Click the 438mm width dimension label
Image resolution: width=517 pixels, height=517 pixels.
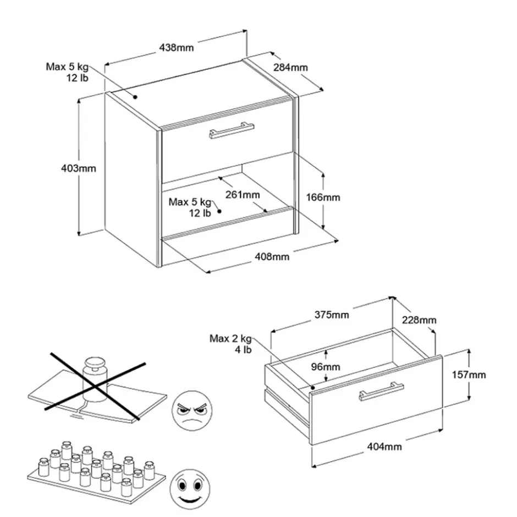pos(177,48)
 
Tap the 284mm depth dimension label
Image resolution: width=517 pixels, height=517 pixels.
pos(290,67)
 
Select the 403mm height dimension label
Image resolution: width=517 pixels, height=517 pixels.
pos(79,168)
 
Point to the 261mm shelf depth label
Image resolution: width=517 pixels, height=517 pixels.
pos(243,195)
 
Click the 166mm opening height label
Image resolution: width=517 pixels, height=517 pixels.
pos(323,197)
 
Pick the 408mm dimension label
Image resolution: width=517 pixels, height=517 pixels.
pos(272,256)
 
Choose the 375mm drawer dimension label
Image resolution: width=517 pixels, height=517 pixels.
pos(331,315)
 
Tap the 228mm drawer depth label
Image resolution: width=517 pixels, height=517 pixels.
pos(419,320)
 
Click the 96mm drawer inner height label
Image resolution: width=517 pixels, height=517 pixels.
pos(326,367)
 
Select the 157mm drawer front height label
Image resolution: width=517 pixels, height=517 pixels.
pos(469,375)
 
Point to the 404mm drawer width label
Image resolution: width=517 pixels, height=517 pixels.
pos(384,447)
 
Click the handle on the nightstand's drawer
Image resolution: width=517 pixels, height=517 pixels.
pos(232,130)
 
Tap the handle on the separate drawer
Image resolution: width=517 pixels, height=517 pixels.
pos(381,392)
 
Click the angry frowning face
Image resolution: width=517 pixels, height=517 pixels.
pos(192,410)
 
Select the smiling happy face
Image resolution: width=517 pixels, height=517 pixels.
pos(190,489)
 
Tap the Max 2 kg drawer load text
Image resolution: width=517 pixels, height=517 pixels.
pos(230,344)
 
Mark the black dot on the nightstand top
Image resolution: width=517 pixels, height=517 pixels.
pos(135,97)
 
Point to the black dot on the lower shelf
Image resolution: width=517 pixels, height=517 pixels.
pos(219,211)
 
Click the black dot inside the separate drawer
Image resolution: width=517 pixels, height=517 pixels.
pos(312,388)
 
